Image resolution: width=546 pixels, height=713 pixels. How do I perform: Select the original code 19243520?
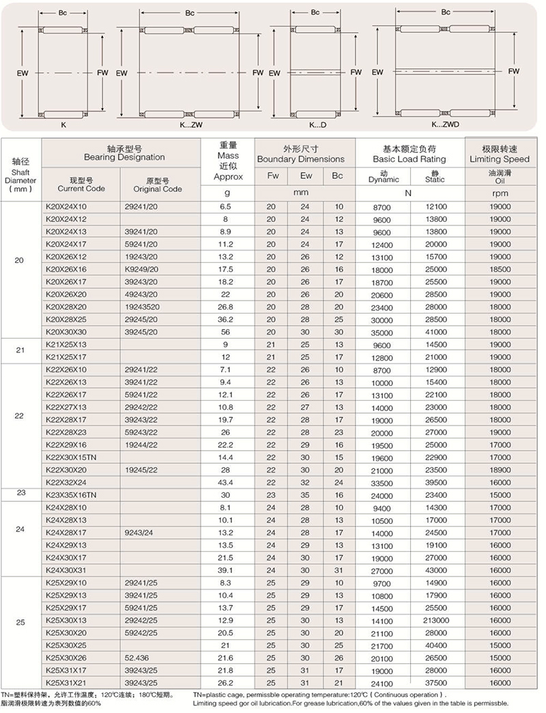142,307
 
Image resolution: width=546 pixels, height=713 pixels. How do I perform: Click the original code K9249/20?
141,269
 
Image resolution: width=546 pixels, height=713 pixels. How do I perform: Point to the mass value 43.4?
227,482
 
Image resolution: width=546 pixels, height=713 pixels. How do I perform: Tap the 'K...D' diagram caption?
317,126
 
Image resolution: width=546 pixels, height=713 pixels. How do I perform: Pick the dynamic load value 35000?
382,332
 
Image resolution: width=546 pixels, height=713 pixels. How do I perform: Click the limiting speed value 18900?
500,470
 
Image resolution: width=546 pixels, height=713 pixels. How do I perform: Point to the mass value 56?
227,332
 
